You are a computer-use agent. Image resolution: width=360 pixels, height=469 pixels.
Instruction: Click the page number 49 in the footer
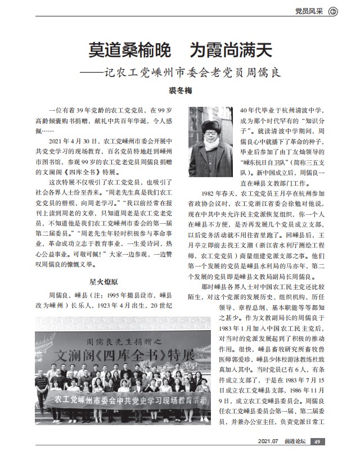(318, 457)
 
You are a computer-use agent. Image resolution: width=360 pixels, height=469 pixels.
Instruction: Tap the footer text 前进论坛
(294, 457)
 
